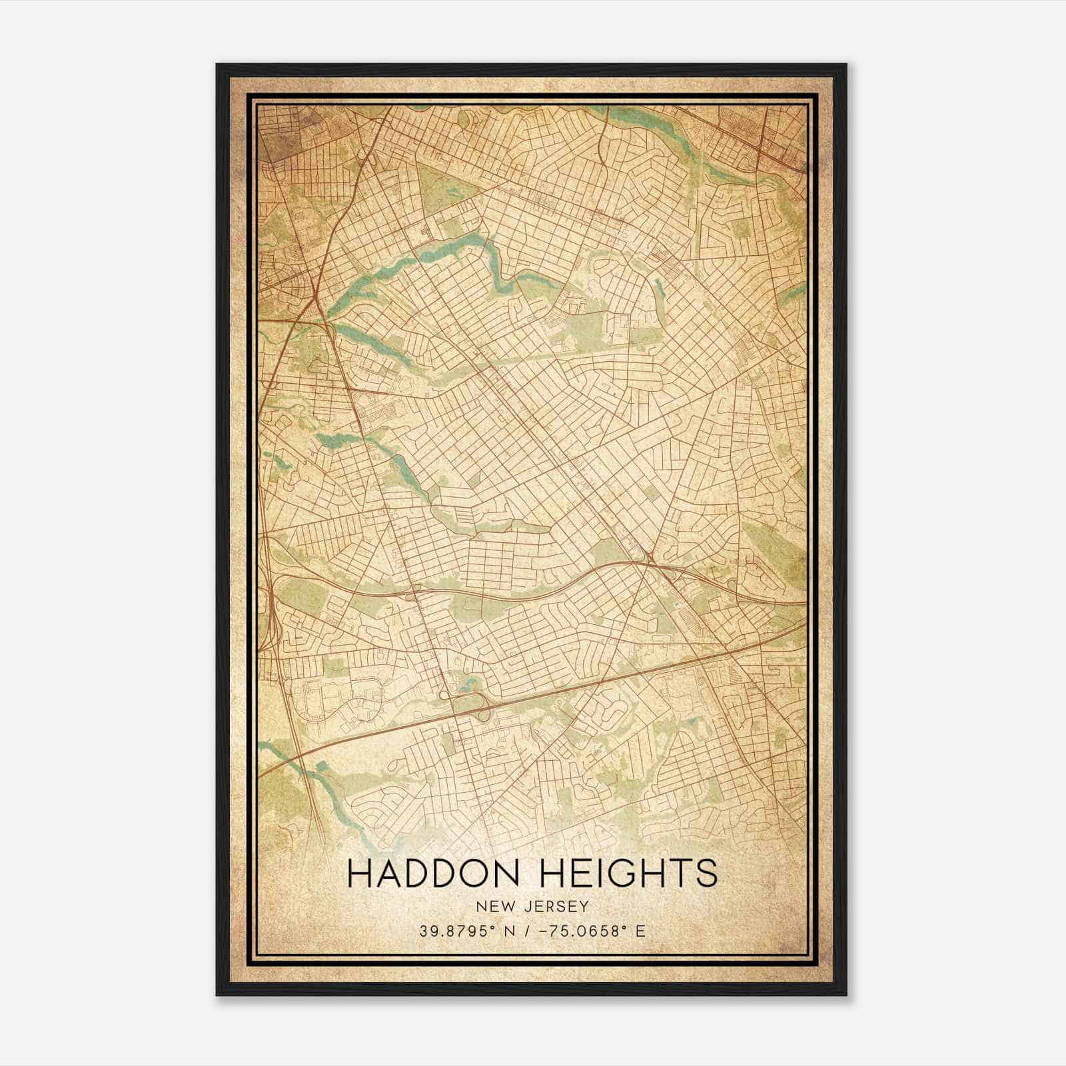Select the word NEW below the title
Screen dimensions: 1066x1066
coord(490,907)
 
